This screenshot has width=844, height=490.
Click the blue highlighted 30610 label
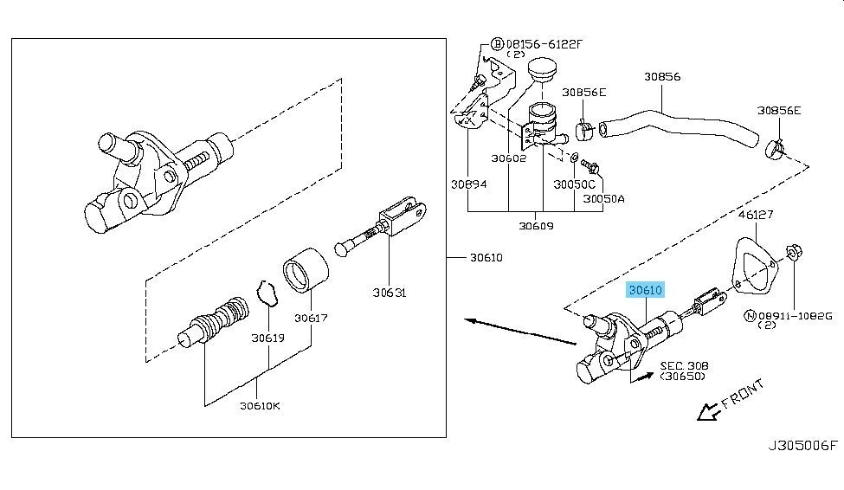click(646, 291)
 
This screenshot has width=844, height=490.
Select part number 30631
click(390, 293)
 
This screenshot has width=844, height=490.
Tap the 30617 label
click(311, 318)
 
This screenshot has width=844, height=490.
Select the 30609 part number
click(536, 226)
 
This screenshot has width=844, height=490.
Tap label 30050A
click(603, 198)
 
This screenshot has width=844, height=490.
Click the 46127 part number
click(755, 213)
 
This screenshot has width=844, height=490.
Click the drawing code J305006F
click(803, 446)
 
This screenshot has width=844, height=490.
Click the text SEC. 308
click(682, 366)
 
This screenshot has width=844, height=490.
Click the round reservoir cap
click(543, 69)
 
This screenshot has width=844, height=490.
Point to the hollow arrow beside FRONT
click(707, 411)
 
